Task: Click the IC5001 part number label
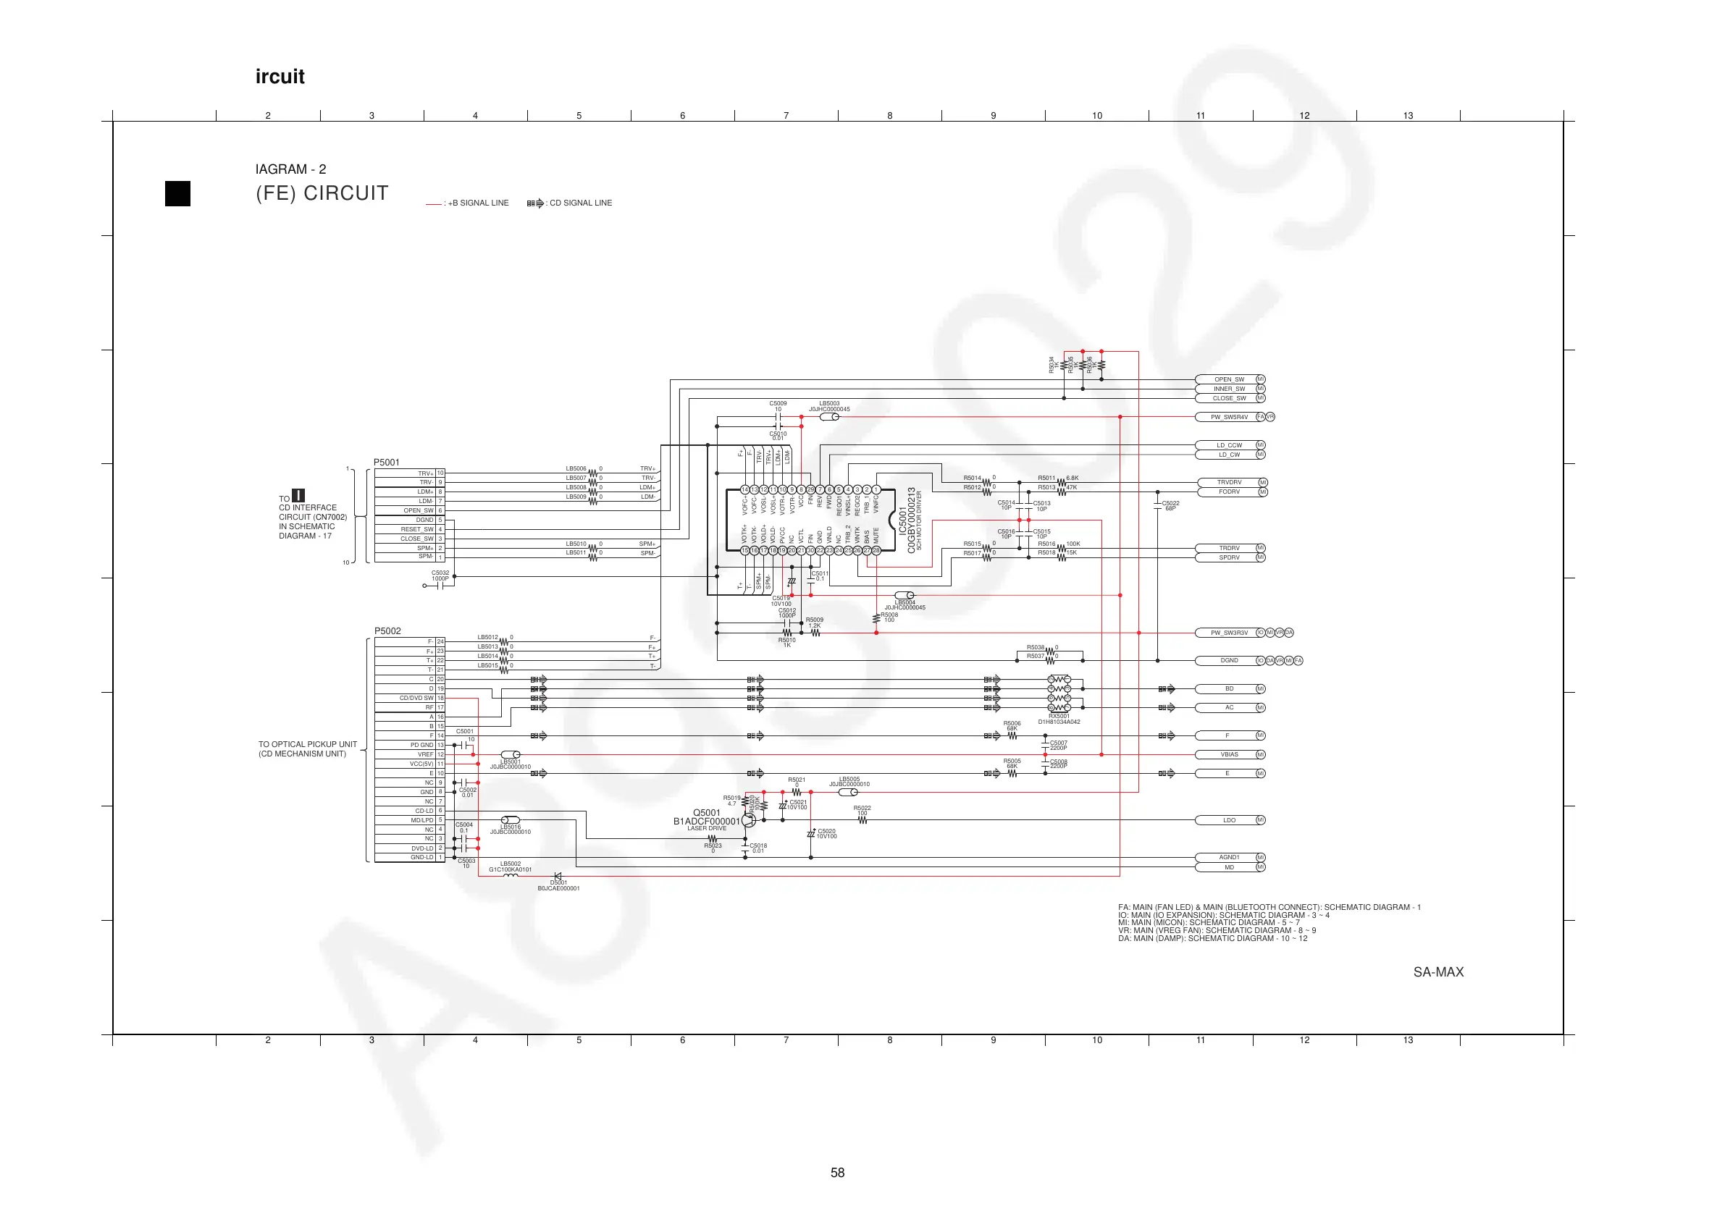911,520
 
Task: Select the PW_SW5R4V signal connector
1229,417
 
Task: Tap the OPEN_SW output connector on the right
1229,379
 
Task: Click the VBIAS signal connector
1229,754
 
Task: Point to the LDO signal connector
1229,820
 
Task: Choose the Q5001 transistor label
706,813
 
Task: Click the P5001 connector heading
387,463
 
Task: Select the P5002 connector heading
387,631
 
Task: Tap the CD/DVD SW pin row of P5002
417,698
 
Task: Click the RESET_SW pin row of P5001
417,528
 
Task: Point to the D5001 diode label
559,882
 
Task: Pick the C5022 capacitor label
1170,503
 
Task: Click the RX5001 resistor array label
1059,716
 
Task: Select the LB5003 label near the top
829,403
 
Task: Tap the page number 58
838,1173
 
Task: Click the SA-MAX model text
1438,972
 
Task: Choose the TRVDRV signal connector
1229,482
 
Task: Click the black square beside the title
178,194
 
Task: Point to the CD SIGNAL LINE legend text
581,203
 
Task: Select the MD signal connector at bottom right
1229,867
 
